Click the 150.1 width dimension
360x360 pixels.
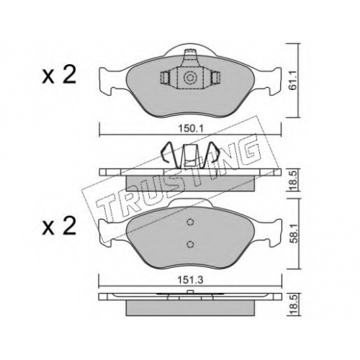[190, 129]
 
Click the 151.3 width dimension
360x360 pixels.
[190, 280]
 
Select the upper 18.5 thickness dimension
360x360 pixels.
[293, 179]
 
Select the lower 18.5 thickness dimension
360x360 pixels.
[293, 305]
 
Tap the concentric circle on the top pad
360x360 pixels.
[190, 78]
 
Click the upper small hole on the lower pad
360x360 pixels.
[190, 222]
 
